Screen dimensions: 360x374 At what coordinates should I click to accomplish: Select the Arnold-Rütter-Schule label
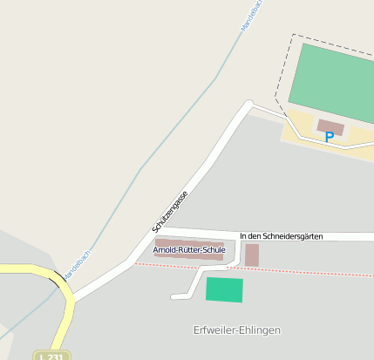tap(189, 250)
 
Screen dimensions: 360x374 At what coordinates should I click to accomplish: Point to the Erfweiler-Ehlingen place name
tap(236, 329)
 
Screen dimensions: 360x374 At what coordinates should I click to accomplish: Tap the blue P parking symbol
tap(329, 137)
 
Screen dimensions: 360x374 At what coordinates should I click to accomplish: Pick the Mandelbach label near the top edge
tap(251, 15)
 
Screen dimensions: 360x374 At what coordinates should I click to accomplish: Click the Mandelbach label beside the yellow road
tap(77, 266)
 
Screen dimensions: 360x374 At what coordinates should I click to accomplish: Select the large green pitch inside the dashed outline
tap(336, 83)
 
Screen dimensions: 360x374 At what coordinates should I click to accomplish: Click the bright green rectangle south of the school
tap(224, 289)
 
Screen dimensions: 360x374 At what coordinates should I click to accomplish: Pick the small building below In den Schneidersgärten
tap(252, 255)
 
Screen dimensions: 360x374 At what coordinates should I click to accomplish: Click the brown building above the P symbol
tap(330, 126)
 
